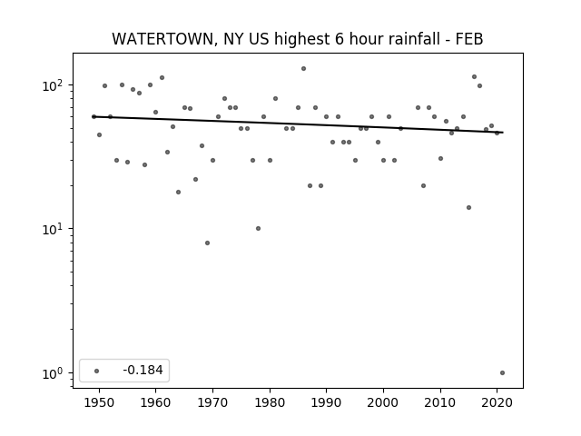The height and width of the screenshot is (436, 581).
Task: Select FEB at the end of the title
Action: point(469,39)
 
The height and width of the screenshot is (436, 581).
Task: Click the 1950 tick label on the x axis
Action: point(99,402)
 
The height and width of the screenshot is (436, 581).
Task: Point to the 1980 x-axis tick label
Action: point(270,402)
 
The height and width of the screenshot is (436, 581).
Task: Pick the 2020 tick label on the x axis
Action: point(497,402)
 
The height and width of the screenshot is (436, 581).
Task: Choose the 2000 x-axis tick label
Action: point(383,402)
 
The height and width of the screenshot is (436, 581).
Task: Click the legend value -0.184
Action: point(143,370)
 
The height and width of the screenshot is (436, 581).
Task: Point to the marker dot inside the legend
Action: point(97,371)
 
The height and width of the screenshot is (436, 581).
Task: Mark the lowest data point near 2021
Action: point(502,373)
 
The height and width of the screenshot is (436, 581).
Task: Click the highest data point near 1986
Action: point(303,69)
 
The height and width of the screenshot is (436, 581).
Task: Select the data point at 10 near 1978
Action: point(258,228)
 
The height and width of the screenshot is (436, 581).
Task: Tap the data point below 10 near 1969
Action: point(208,243)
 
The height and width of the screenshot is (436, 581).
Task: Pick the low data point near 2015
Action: point(468,208)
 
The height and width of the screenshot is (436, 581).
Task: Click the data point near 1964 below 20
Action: point(178,192)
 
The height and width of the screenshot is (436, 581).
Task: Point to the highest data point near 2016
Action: point(474,76)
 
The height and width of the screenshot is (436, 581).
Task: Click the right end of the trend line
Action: point(503,133)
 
